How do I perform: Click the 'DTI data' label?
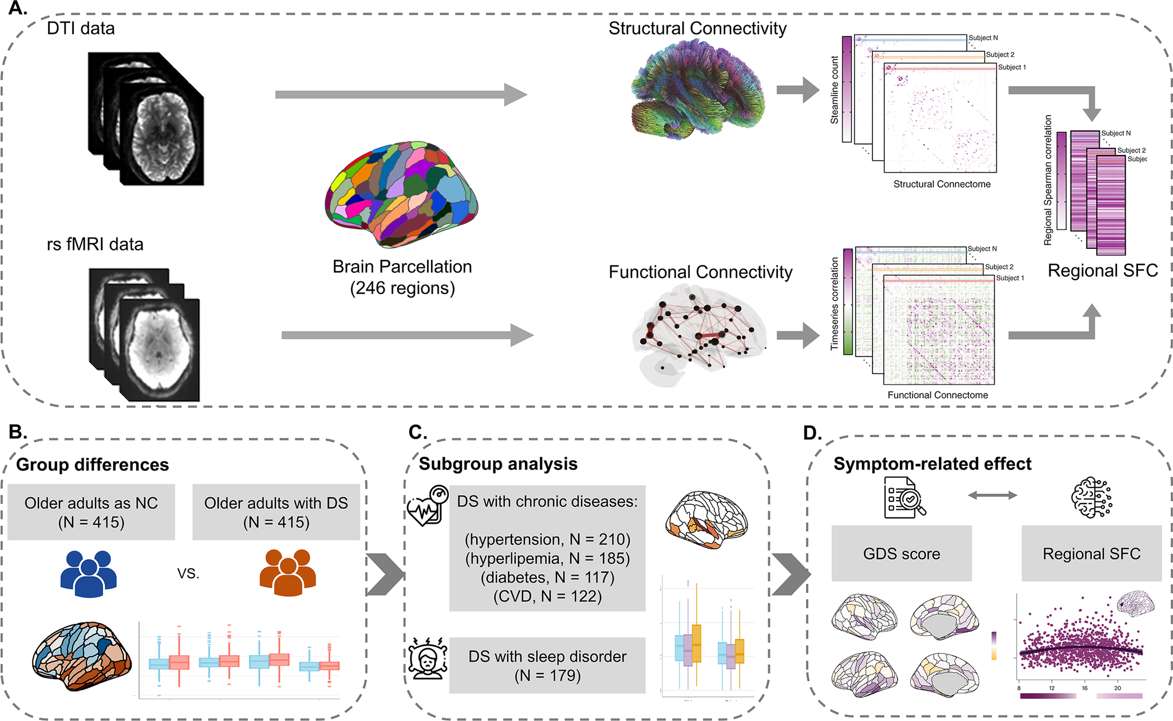(x=81, y=29)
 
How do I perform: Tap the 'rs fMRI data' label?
(x=95, y=244)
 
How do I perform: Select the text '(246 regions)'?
(x=402, y=288)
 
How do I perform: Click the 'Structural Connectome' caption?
(x=942, y=184)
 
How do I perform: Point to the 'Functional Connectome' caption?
(x=938, y=395)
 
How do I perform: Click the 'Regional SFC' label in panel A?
(x=1103, y=270)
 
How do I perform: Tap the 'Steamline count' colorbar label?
(x=835, y=90)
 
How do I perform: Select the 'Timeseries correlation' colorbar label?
(x=835, y=303)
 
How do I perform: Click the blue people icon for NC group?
(x=89, y=573)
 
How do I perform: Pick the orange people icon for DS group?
(x=287, y=573)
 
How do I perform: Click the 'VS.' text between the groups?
(x=188, y=574)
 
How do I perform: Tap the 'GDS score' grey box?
(x=902, y=553)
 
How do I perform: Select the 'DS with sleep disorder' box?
(x=547, y=665)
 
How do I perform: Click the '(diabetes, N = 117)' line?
(x=547, y=577)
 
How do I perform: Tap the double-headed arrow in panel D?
(x=992, y=496)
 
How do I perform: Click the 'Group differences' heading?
(x=93, y=465)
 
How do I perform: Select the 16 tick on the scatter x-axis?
(x=1084, y=688)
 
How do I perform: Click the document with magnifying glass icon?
(x=904, y=497)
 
